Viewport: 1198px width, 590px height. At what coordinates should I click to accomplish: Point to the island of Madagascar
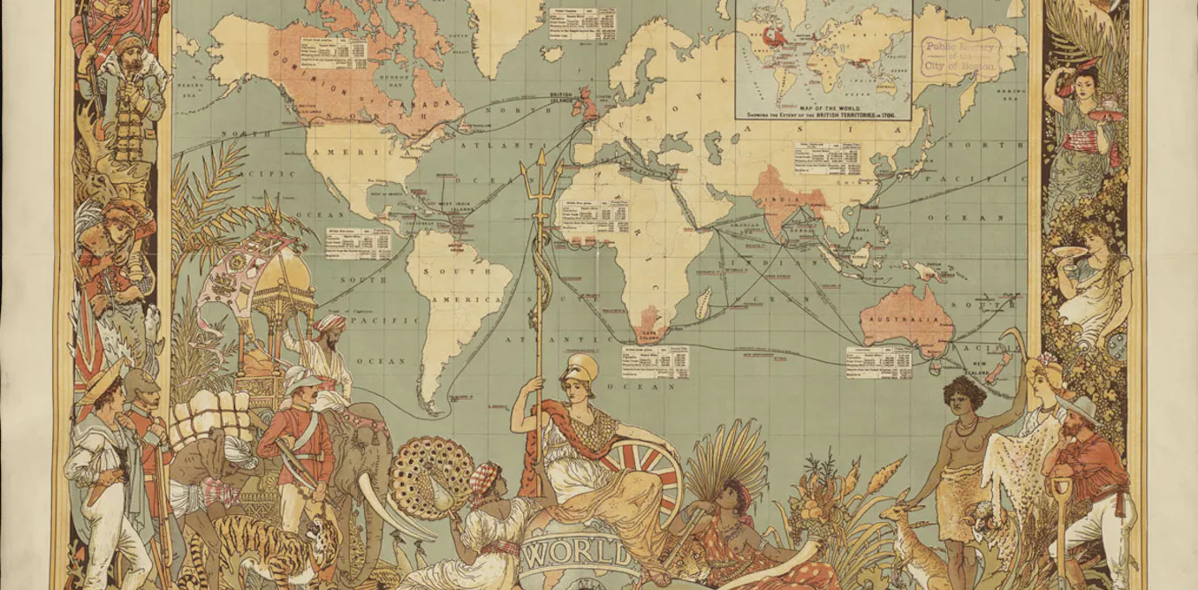703,306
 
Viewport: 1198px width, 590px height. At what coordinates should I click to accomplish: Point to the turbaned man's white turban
330,322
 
